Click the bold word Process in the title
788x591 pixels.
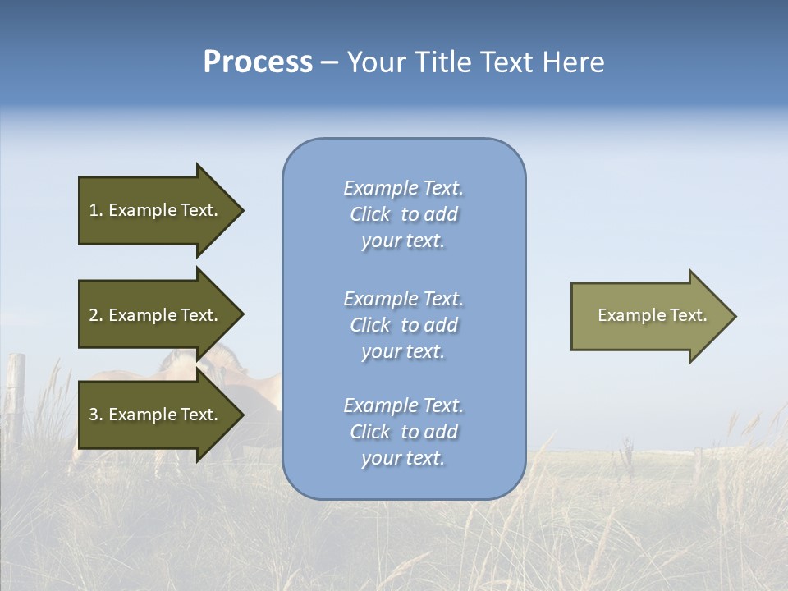(x=258, y=62)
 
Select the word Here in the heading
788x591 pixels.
(x=572, y=62)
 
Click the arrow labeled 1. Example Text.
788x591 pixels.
(x=156, y=210)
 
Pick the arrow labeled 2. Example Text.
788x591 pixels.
(x=156, y=315)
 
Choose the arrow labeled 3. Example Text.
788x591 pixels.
(x=156, y=415)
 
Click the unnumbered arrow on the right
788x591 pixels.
(x=648, y=315)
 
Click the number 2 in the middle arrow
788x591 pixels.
(x=94, y=315)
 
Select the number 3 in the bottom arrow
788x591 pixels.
(x=94, y=415)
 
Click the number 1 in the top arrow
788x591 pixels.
(x=93, y=210)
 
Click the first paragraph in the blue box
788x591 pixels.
(x=404, y=214)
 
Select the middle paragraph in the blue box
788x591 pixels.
(x=404, y=325)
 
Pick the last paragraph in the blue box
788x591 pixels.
(x=404, y=432)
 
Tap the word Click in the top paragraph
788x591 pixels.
(x=370, y=214)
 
